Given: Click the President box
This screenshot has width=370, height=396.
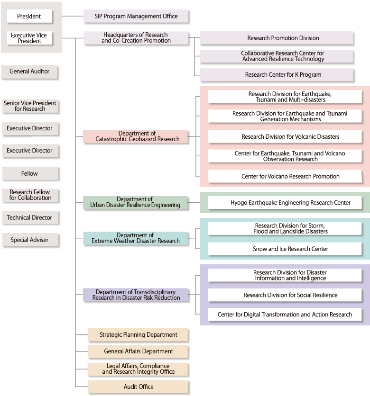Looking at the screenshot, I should pos(29,17).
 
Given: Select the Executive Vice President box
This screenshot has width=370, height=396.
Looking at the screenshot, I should pos(29,38).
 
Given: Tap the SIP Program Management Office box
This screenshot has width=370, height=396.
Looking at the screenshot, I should pos(136,17).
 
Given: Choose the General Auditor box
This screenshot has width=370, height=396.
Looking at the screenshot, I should pos(30,72).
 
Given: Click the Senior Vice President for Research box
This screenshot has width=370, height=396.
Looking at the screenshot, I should pos(30,106).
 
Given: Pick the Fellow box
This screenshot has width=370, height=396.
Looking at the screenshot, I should pos(30,174).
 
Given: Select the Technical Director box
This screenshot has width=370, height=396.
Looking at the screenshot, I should pos(30,218).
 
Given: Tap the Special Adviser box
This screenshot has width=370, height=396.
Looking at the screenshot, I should pos(30,240).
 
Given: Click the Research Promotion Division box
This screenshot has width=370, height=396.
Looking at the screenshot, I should pos(277,38).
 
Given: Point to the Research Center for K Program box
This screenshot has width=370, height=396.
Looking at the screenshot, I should pos(277,75).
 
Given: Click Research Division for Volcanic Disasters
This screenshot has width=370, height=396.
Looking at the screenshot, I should pos(285,137).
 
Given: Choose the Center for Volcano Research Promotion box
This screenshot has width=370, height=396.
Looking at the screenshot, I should pos(285,177).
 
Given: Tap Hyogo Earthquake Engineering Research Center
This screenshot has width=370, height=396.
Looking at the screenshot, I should pos(285,203).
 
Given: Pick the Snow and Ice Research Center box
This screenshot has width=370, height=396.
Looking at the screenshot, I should pos(285,249).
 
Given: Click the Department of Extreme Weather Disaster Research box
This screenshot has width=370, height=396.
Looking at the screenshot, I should pos(136,238).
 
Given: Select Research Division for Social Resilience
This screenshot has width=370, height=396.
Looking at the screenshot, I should pos(285,295).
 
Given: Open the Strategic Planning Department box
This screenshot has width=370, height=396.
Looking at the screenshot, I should pos(138,335).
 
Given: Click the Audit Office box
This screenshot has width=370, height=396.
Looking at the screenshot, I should pos(138,387).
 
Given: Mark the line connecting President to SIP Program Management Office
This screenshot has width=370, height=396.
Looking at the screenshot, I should pos(73,17).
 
